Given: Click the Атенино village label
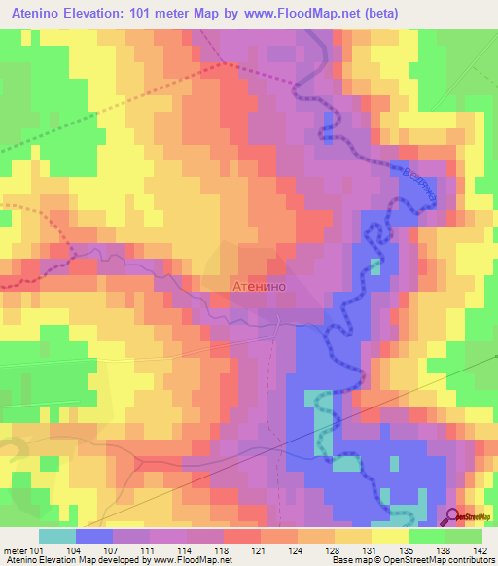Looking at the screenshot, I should [260, 287].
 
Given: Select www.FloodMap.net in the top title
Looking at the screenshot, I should [292, 14].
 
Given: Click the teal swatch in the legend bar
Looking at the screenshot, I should [57, 536].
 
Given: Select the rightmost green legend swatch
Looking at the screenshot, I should [464, 536].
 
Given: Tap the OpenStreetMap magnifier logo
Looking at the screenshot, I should [453, 518].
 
